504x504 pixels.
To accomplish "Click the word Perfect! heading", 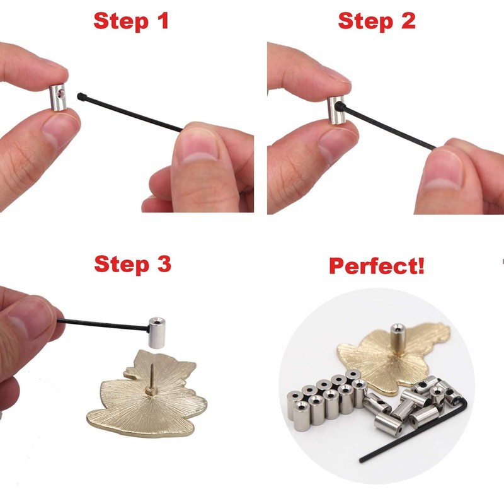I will [377, 265].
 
